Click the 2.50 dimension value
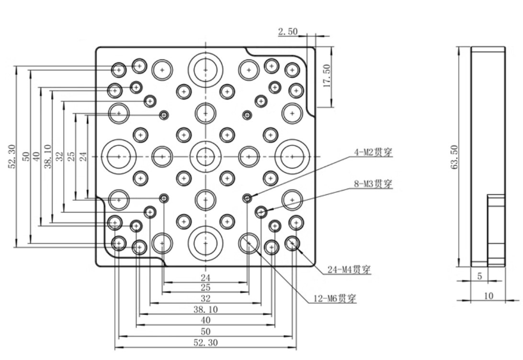[x=287, y=32]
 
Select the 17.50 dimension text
[x=328, y=76]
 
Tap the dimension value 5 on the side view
[x=479, y=277]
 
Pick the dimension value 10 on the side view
[x=488, y=296]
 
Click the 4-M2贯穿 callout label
[x=373, y=152]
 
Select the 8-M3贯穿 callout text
[x=373, y=183]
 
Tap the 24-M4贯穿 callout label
[x=349, y=270]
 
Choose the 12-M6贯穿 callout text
[x=335, y=299]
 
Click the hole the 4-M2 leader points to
[x=247, y=198]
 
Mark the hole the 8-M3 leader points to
[x=261, y=211]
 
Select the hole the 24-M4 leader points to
[x=292, y=244]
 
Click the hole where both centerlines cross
[x=205, y=156]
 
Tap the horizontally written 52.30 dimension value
[x=205, y=343]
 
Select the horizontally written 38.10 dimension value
[x=205, y=309]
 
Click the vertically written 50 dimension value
[x=26, y=157]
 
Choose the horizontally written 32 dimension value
[x=205, y=298]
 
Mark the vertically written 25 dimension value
[x=71, y=157]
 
